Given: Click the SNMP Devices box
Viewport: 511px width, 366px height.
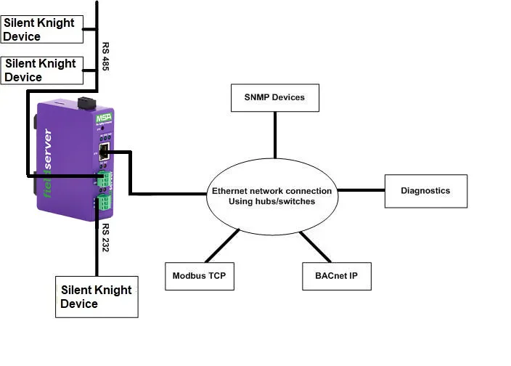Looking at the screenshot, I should click(x=275, y=97).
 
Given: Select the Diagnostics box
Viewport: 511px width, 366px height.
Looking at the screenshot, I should click(x=425, y=191).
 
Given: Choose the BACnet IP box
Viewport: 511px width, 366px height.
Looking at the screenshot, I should click(x=336, y=276).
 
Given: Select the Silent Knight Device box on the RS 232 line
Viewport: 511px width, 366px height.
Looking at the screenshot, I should click(x=97, y=296).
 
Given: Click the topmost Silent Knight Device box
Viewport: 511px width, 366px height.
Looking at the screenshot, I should click(x=41, y=29).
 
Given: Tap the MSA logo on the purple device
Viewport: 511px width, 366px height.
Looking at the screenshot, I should click(x=102, y=118).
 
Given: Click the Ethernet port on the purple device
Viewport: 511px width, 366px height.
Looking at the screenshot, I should click(x=104, y=152).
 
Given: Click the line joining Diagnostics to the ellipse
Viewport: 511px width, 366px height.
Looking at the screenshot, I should click(x=361, y=191).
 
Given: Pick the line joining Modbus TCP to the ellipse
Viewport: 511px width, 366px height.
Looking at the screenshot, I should click(x=224, y=245).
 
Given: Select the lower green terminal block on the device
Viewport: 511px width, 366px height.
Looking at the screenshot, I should click(x=105, y=202).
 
